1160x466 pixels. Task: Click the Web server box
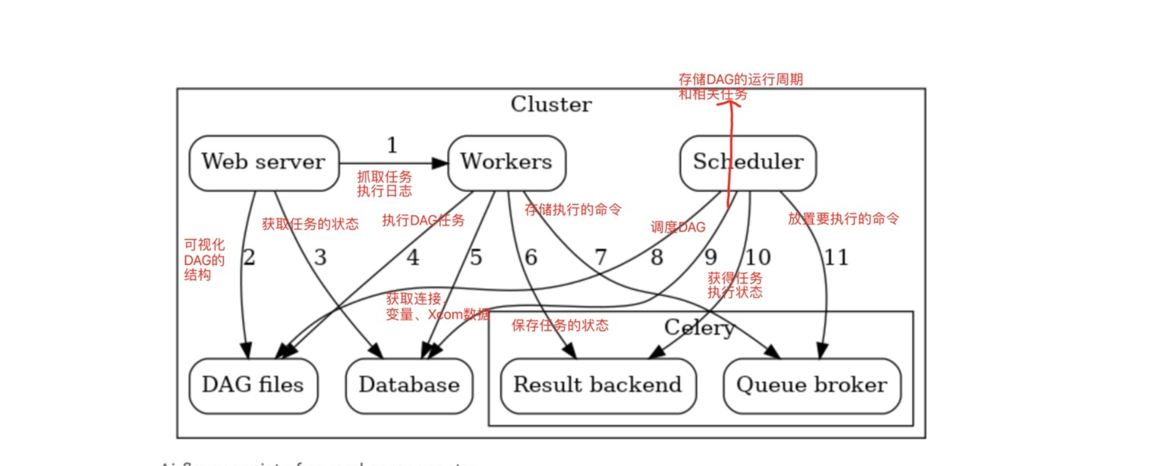click(x=264, y=162)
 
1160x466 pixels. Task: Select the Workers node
click(x=506, y=162)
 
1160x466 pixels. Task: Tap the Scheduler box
click(x=748, y=162)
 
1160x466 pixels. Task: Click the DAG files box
click(x=253, y=385)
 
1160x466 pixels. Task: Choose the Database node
click(x=409, y=385)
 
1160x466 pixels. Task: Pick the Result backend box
click(x=598, y=385)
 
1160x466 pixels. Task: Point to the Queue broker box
click(x=812, y=385)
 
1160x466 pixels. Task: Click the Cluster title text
click(x=551, y=104)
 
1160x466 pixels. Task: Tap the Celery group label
click(x=699, y=327)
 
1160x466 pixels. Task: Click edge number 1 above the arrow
click(x=392, y=145)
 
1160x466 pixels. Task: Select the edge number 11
click(x=836, y=257)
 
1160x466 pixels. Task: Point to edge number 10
click(x=758, y=257)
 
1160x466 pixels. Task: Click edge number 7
click(x=601, y=257)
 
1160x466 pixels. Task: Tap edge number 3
click(x=320, y=257)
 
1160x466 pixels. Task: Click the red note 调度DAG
click(x=677, y=227)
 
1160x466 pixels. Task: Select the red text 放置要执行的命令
click(x=843, y=219)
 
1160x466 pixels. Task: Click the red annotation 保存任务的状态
click(x=560, y=326)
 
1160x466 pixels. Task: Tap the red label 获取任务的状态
click(x=310, y=224)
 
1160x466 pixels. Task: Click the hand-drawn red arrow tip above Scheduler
click(x=730, y=102)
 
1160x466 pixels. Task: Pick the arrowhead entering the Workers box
click(x=440, y=163)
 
